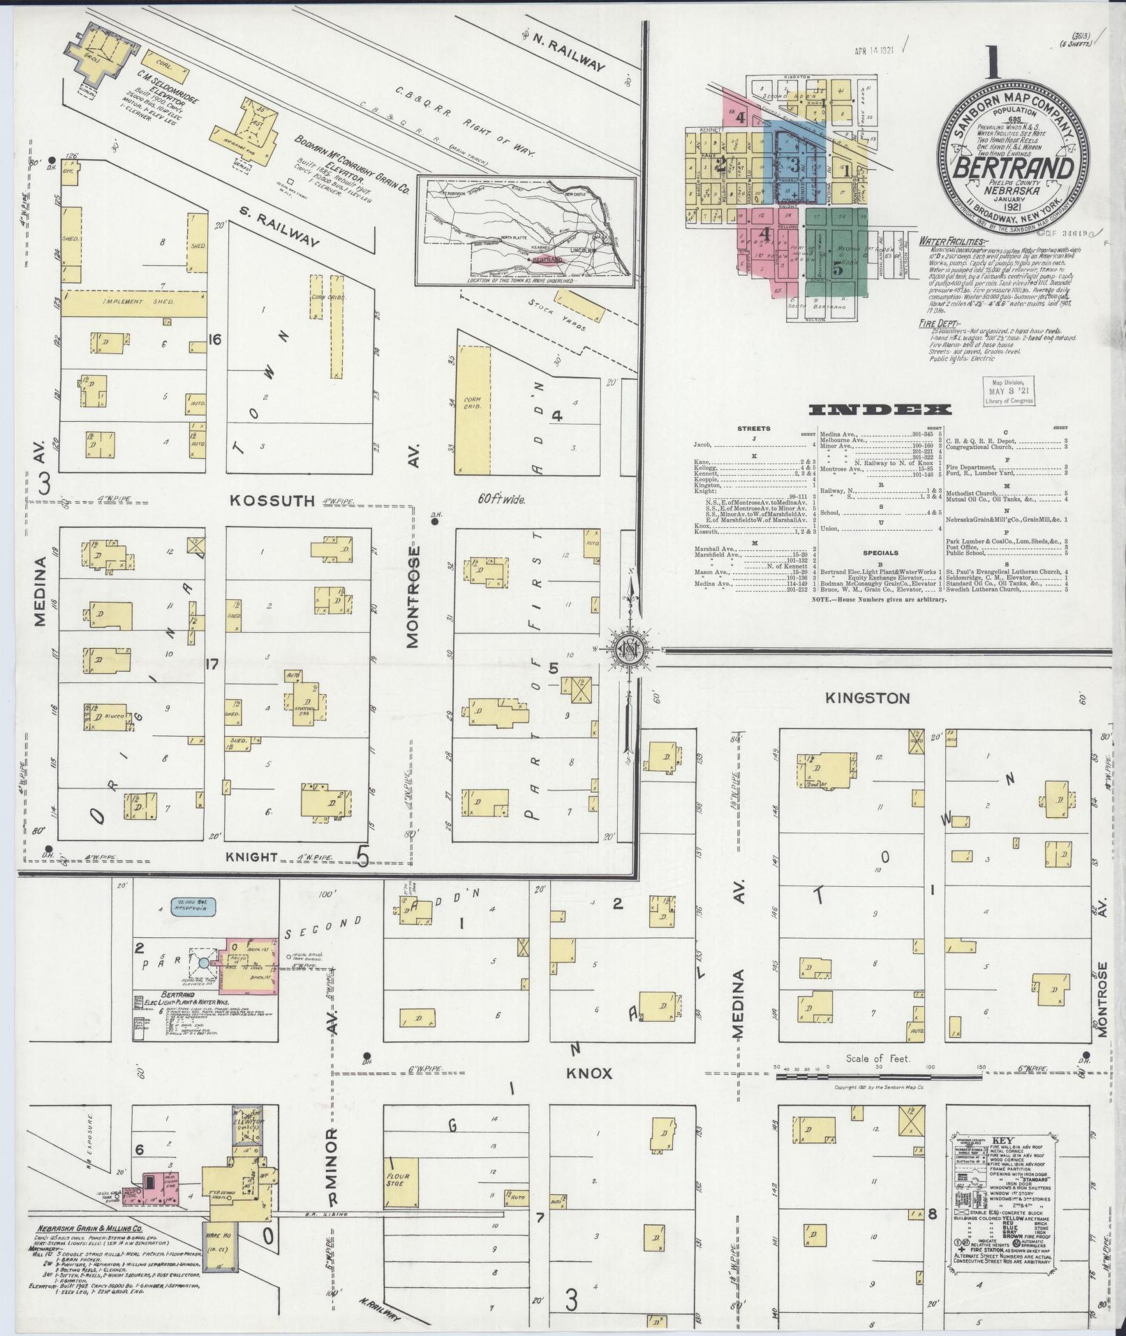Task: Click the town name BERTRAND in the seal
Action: pos(1013,170)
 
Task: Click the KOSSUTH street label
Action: pos(273,500)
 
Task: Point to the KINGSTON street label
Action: pos(867,698)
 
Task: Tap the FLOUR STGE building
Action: pos(401,1181)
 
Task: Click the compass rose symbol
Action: pos(630,649)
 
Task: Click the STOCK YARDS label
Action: pos(556,314)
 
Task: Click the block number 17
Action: pos(212,664)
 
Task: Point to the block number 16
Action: pos(214,340)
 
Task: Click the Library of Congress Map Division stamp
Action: pos(1007,391)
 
